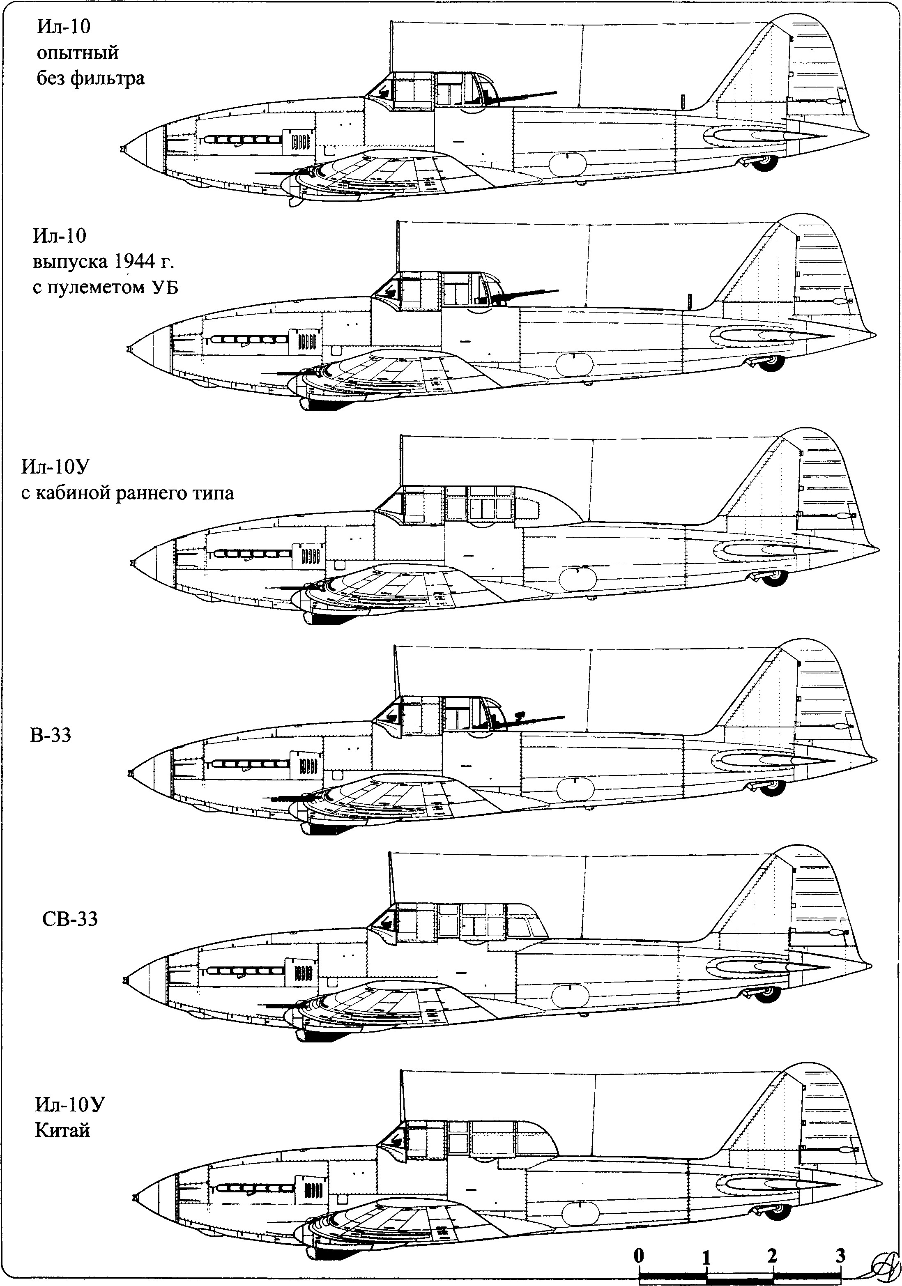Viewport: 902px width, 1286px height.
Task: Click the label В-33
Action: pos(51,735)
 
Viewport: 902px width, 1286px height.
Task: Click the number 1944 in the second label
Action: pos(135,261)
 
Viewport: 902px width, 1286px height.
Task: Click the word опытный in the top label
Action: pos(78,53)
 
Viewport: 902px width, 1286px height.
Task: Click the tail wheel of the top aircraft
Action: pos(765,163)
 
